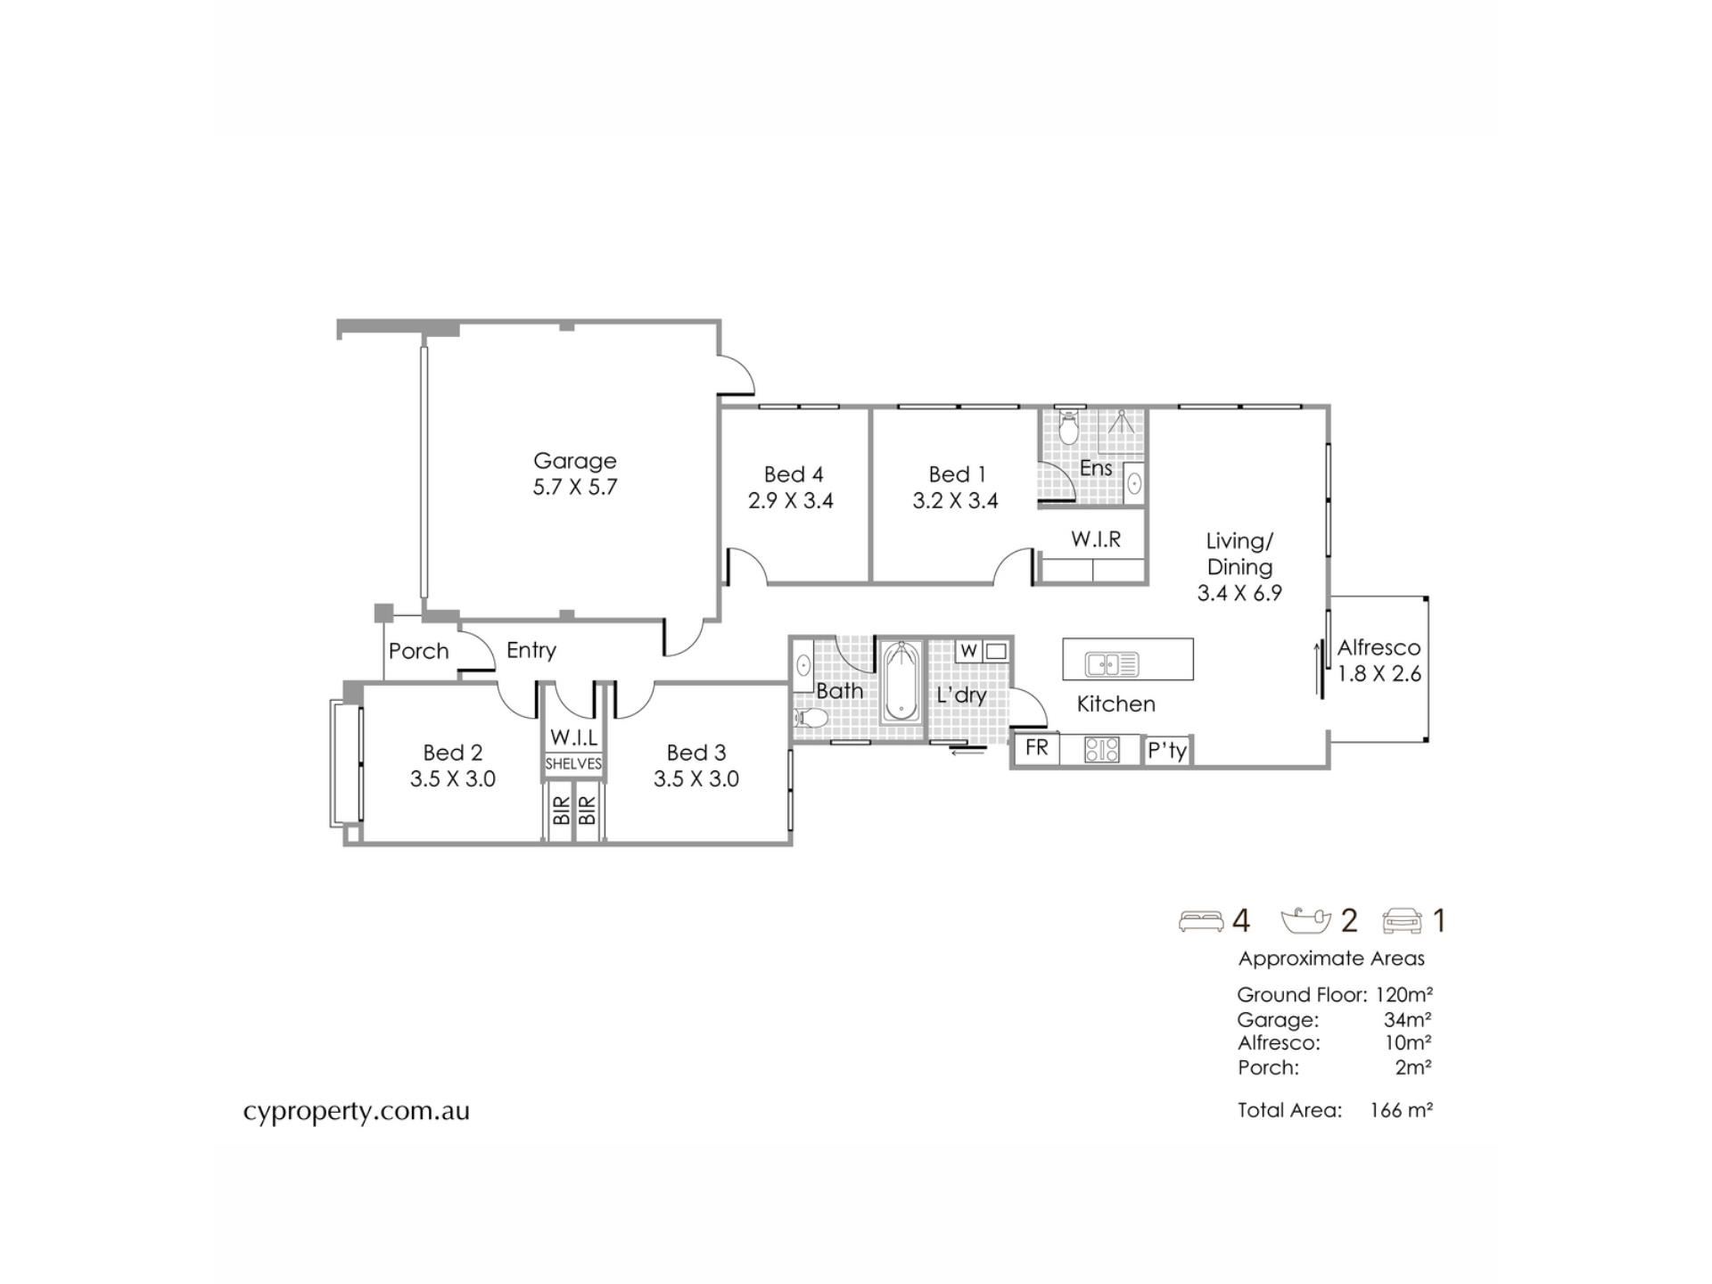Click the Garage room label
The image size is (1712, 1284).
pyautogui.click(x=575, y=461)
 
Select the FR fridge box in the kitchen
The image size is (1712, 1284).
pyautogui.click(x=1036, y=748)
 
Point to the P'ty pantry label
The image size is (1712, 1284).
pyautogui.click(x=1167, y=751)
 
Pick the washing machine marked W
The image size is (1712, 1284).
pyautogui.click(x=969, y=651)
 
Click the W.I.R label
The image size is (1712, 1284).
pyautogui.click(x=1096, y=539)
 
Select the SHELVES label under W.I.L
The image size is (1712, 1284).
pyautogui.click(x=573, y=764)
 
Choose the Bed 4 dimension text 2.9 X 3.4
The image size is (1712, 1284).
pyautogui.click(x=791, y=501)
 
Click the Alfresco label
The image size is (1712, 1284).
pyautogui.click(x=1379, y=648)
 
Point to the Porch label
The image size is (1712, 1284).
pyautogui.click(x=419, y=651)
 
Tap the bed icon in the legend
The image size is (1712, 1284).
pyautogui.click(x=1201, y=921)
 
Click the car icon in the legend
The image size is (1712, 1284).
pyautogui.click(x=1403, y=921)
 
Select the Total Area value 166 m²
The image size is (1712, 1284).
pyautogui.click(x=1402, y=1110)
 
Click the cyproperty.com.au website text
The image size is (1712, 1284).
pyautogui.click(x=357, y=1112)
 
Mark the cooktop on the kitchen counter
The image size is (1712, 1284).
pyautogui.click(x=1102, y=750)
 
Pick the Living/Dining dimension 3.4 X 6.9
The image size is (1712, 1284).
pyautogui.click(x=1239, y=594)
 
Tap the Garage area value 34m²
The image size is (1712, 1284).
pyautogui.click(x=1408, y=1019)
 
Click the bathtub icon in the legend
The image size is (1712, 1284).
pyautogui.click(x=1305, y=921)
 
